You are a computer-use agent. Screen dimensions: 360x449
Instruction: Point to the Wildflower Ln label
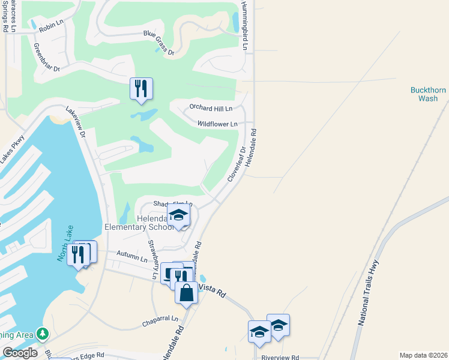217,124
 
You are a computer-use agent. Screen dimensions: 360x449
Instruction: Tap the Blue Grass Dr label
158,44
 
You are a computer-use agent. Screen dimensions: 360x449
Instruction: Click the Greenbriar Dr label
47,58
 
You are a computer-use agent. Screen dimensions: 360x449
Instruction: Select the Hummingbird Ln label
245,25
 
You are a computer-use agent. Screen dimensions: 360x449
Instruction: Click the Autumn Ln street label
131,259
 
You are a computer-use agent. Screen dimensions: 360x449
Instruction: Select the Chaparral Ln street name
161,319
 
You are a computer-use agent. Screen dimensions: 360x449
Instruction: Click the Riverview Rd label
280,357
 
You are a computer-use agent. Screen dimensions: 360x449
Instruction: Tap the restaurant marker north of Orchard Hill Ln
141,89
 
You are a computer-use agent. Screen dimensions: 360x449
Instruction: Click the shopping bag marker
186,293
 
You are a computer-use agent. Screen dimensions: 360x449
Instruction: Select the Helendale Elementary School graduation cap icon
179,216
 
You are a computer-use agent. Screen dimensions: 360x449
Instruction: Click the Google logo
20,353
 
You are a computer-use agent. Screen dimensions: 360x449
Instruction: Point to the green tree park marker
42,333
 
